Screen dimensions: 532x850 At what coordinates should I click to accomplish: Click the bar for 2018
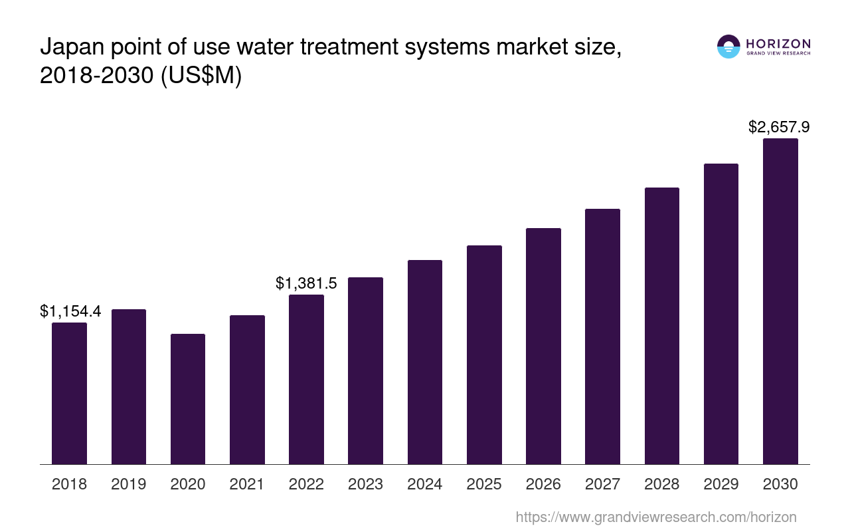click(69, 393)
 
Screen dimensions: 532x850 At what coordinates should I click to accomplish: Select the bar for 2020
click(188, 399)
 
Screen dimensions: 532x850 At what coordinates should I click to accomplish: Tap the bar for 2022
click(306, 379)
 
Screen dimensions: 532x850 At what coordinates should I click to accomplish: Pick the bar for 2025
click(484, 354)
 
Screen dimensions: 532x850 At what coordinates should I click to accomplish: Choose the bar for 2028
click(661, 326)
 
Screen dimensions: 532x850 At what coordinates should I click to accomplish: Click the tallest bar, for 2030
click(780, 301)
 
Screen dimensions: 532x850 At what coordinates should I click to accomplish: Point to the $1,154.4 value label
click(70, 311)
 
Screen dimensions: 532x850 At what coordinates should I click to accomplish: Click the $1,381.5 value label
click(306, 283)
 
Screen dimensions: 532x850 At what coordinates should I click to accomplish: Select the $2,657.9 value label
click(779, 126)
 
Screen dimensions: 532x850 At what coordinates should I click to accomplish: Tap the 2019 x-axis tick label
click(129, 484)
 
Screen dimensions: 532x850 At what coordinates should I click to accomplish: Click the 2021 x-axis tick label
click(247, 484)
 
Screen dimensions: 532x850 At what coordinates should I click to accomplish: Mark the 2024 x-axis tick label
click(425, 484)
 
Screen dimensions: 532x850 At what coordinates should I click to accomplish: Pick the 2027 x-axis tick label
click(602, 484)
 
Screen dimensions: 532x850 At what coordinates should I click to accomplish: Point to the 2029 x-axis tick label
click(721, 484)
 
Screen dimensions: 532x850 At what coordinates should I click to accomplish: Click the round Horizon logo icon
click(728, 47)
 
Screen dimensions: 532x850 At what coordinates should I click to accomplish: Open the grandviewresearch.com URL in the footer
click(655, 517)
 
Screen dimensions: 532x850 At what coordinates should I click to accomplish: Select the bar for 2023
click(365, 370)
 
